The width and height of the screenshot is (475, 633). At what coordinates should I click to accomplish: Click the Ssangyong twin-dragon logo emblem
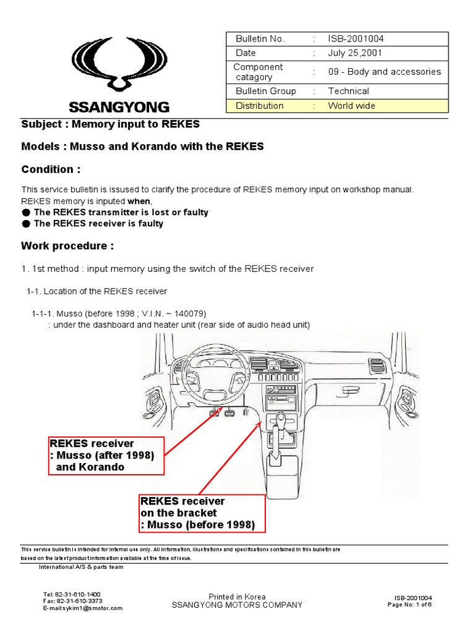(120, 64)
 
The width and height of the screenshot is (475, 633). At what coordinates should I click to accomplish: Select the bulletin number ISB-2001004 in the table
(356, 39)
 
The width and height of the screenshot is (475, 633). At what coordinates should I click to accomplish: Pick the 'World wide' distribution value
(351, 106)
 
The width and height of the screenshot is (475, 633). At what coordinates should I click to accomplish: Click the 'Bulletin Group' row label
(266, 91)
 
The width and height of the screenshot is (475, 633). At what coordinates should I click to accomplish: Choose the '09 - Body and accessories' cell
(384, 72)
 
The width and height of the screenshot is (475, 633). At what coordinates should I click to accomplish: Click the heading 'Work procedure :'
(67, 246)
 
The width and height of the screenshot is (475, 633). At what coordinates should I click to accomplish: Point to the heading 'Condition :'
(51, 169)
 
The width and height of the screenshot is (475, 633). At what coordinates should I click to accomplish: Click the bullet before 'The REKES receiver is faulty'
(26, 224)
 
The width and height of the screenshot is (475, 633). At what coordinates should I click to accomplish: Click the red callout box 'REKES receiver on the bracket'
(202, 512)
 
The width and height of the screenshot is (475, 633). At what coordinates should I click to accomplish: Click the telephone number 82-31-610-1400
(78, 593)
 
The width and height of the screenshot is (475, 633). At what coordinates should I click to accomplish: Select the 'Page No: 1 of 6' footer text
(409, 605)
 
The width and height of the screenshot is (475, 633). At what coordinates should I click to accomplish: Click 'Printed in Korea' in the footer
(237, 597)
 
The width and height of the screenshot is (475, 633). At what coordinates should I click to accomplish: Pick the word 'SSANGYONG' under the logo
(120, 107)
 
